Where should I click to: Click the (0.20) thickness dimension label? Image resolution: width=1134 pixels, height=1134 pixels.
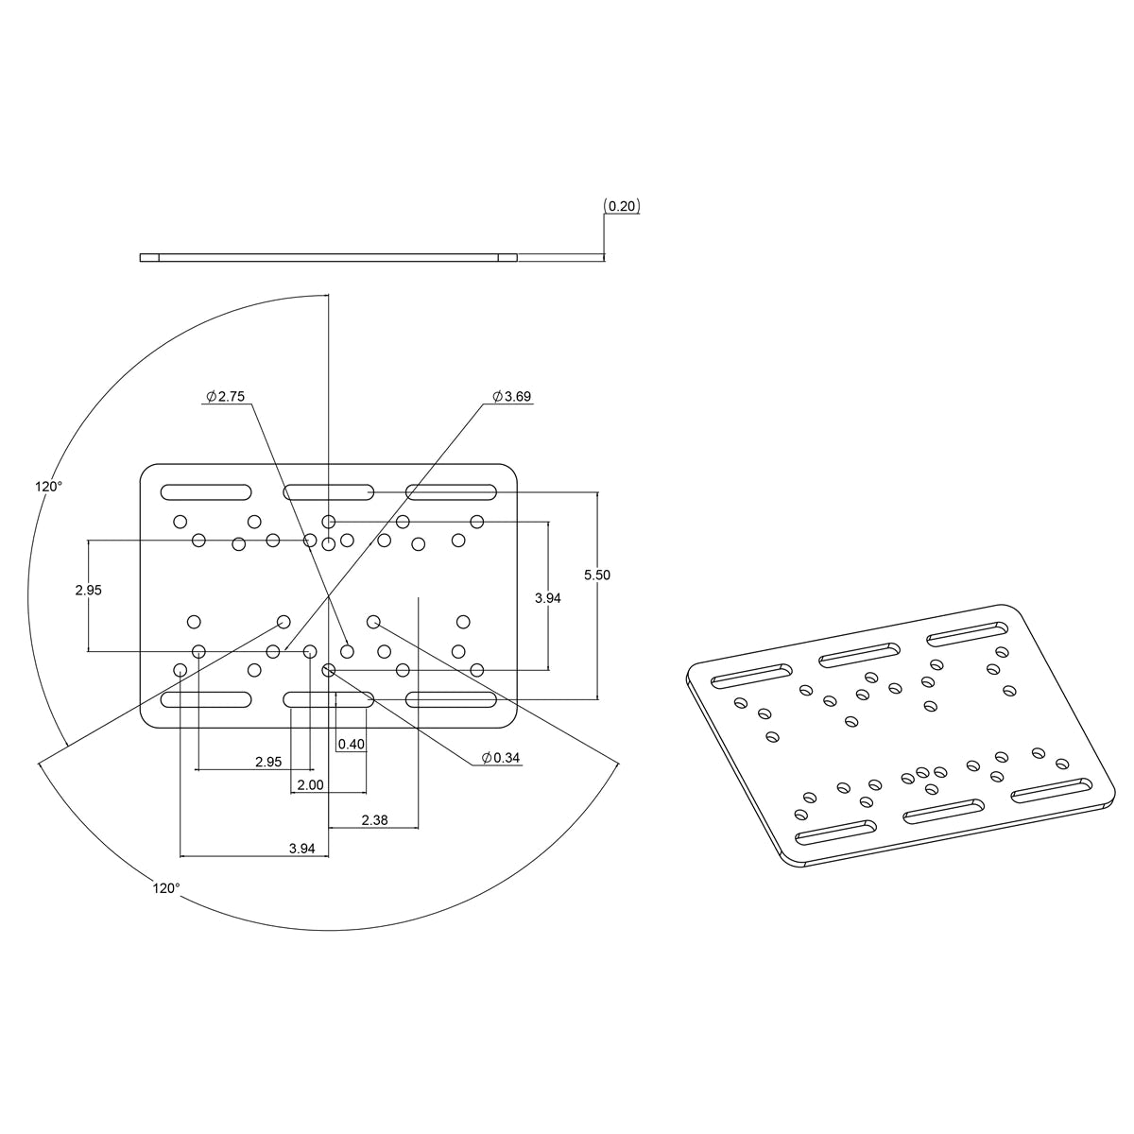point(623,206)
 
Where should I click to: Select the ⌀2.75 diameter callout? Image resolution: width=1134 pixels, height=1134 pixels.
point(226,397)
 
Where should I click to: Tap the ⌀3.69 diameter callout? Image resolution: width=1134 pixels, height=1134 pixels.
point(512,397)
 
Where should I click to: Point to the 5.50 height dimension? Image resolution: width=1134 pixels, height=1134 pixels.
point(597,575)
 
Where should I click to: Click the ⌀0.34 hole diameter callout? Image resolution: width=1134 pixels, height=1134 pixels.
point(501,758)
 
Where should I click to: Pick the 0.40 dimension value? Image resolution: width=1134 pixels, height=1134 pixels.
point(352,744)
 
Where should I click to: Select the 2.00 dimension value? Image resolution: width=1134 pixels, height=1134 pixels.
point(310,785)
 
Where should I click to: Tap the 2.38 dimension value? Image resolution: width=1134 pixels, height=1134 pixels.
point(374,820)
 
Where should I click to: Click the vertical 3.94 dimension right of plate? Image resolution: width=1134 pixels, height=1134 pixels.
point(548,597)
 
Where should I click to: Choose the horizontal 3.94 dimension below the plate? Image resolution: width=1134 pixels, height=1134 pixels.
point(301,849)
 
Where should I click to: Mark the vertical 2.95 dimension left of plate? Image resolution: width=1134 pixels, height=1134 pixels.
point(88,590)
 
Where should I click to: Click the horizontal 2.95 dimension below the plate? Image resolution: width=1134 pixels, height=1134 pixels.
point(268,762)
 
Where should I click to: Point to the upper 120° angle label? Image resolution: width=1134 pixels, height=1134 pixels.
point(49,486)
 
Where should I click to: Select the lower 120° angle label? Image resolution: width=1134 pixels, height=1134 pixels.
point(165,887)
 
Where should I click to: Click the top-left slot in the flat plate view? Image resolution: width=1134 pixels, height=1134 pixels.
point(206,491)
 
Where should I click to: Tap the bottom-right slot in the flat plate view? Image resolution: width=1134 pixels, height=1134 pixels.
point(452,699)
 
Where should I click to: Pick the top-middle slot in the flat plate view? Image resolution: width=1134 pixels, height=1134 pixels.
point(329,491)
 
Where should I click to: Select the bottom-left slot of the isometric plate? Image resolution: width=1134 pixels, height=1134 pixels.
point(836,833)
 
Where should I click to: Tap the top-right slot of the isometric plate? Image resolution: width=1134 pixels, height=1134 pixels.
point(967,632)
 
